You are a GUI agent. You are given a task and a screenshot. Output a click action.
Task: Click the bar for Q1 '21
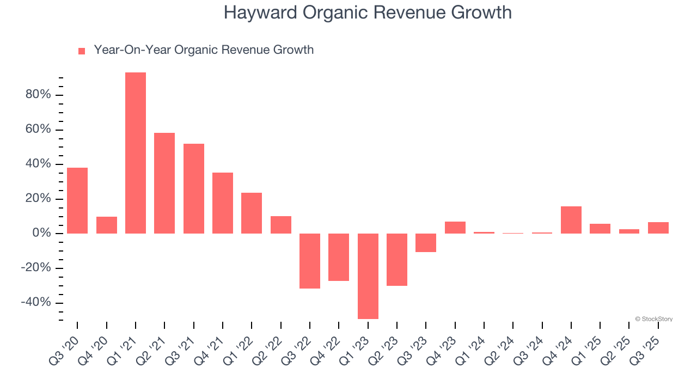[x=136, y=153]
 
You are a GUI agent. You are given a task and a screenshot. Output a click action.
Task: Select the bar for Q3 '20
[x=77, y=200]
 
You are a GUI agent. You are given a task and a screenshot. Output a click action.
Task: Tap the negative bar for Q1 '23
[x=368, y=276]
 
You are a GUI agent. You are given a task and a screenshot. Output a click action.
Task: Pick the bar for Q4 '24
[x=571, y=220]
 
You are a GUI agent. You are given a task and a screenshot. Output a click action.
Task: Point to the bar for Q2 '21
[x=164, y=183]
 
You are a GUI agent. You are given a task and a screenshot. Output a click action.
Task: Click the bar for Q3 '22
[x=310, y=261]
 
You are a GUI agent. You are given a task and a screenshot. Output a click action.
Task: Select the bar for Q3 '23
[x=426, y=243]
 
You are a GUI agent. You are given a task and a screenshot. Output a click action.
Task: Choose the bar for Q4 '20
[x=107, y=225]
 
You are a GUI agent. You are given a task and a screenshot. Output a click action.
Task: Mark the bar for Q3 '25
[x=658, y=228]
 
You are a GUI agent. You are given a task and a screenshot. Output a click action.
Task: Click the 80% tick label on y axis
[x=38, y=95]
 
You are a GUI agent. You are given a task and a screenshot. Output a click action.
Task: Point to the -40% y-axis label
[x=36, y=303]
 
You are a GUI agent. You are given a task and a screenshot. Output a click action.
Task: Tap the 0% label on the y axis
[x=42, y=234]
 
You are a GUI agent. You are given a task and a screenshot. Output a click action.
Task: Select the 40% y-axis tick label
[x=38, y=164]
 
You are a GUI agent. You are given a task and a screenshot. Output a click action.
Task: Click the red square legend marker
[x=82, y=51]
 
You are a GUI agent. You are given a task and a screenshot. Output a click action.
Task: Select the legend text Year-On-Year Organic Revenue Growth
[x=204, y=50]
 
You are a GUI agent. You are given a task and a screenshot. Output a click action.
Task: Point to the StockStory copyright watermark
[x=653, y=319]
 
